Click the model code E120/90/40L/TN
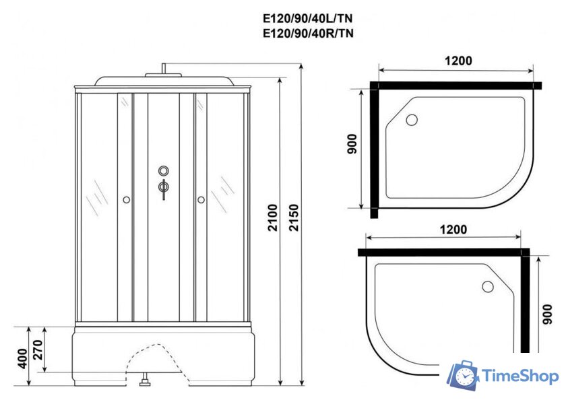(x=308, y=18)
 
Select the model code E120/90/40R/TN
(x=308, y=33)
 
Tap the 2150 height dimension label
(x=294, y=218)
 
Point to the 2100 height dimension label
(x=273, y=218)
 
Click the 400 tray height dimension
(x=22, y=358)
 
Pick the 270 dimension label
(x=38, y=350)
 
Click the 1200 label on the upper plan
(x=458, y=61)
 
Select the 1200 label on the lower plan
(x=453, y=230)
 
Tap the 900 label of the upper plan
(x=352, y=144)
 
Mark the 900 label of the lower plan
(x=547, y=314)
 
